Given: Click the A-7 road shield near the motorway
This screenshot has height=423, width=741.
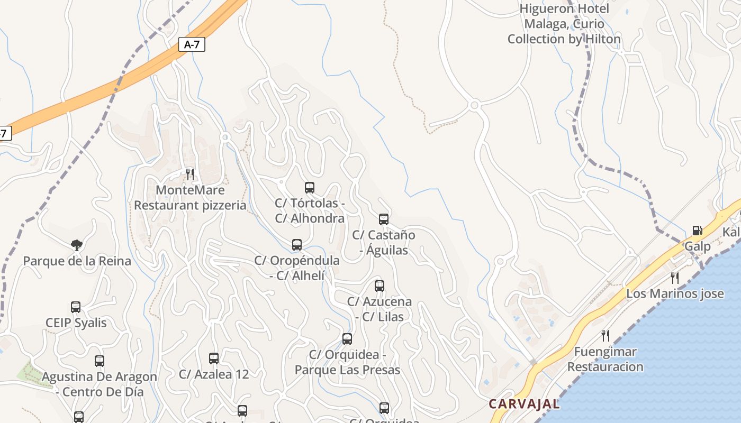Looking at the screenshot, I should click(x=192, y=44).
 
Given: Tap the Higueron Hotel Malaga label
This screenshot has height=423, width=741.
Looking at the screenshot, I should click(x=564, y=24).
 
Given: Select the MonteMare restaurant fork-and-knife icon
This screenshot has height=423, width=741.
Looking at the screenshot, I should click(x=190, y=174).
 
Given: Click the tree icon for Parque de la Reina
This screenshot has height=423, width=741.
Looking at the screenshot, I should click(x=77, y=245).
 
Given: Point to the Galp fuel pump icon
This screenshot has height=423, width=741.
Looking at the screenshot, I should click(x=697, y=231).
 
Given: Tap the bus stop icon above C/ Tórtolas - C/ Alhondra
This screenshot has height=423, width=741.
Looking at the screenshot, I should click(x=310, y=187).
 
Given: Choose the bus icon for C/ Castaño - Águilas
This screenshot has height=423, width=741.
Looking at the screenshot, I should click(x=384, y=219).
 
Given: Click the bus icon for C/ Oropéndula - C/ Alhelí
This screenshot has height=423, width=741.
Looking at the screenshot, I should click(x=297, y=245).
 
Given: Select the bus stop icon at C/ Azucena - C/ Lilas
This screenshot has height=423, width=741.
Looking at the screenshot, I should click(x=379, y=286).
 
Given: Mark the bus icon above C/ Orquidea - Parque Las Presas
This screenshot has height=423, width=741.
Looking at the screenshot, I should click(x=347, y=339).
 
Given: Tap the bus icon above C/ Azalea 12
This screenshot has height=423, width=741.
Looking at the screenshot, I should click(x=214, y=358).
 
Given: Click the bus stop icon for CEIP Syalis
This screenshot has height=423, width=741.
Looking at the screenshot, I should click(x=76, y=307).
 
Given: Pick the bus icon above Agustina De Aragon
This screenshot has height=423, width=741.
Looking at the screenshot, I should click(x=100, y=361).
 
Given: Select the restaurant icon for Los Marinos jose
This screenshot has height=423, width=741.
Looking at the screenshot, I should click(x=675, y=278).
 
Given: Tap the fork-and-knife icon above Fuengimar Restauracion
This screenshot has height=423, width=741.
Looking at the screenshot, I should click(x=606, y=335).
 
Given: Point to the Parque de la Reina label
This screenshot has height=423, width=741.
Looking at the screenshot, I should click(x=77, y=261).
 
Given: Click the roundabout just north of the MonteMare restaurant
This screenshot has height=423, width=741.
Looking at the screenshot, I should click(x=226, y=137).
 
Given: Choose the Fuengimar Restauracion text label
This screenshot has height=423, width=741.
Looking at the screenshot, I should click(x=606, y=359).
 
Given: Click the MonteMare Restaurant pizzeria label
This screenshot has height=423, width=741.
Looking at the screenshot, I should click(x=190, y=198).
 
